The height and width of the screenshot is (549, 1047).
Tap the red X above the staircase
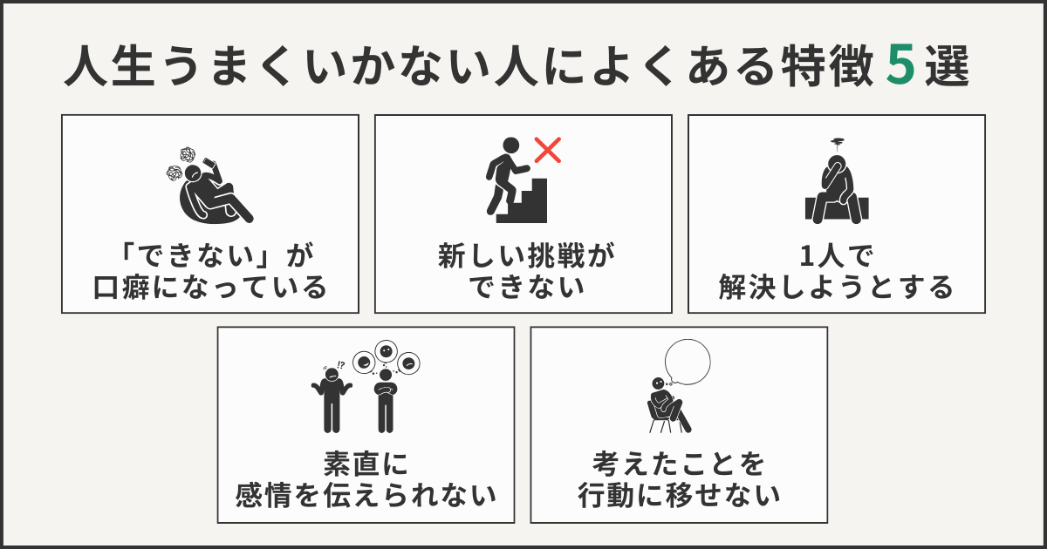547,150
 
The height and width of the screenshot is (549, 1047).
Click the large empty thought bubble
687,361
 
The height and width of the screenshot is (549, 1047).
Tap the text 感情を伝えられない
366,496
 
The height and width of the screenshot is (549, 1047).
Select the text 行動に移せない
678,496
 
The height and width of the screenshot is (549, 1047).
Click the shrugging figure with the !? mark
331,396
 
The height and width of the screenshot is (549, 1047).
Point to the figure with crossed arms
385,399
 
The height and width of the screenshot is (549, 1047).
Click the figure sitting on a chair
667,405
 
